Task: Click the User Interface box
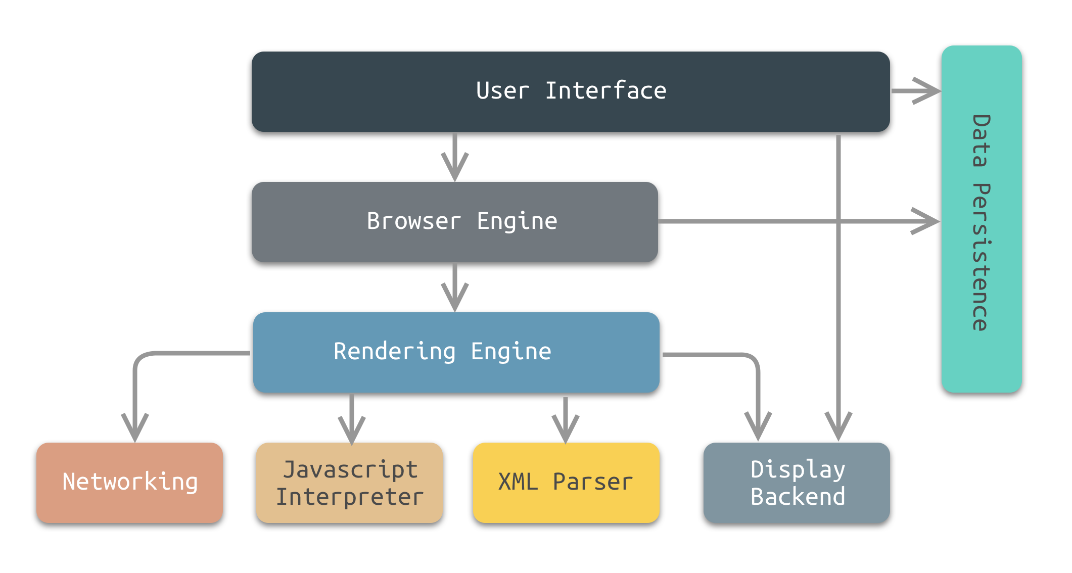[570, 92]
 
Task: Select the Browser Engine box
[454, 222]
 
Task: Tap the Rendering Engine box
[456, 352]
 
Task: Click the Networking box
[129, 483]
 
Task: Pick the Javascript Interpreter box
[349, 483]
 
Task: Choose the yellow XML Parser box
[566, 483]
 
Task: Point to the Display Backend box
[797, 483]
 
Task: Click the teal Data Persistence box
[982, 219]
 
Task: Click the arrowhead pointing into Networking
[135, 427]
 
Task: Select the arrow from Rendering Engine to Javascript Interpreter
[352, 419]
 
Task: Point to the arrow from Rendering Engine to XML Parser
[566, 419]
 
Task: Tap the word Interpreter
[349, 497]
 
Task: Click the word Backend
[798, 497]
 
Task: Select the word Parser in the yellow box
[592, 482]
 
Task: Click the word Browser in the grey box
[413, 221]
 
